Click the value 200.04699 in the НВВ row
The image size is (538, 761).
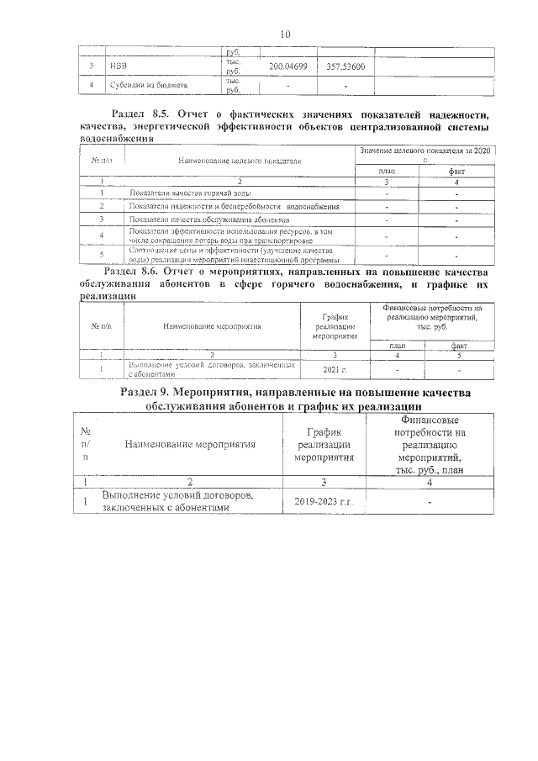287,66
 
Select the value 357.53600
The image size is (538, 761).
345,66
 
